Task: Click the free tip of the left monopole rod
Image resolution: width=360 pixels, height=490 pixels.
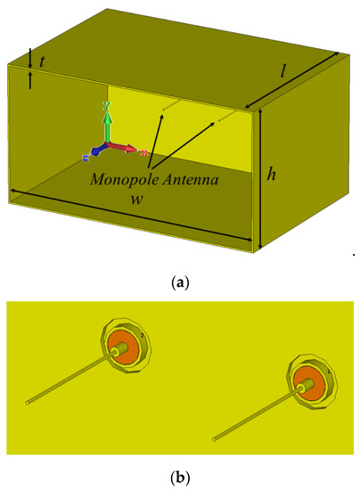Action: tap(29, 401)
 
